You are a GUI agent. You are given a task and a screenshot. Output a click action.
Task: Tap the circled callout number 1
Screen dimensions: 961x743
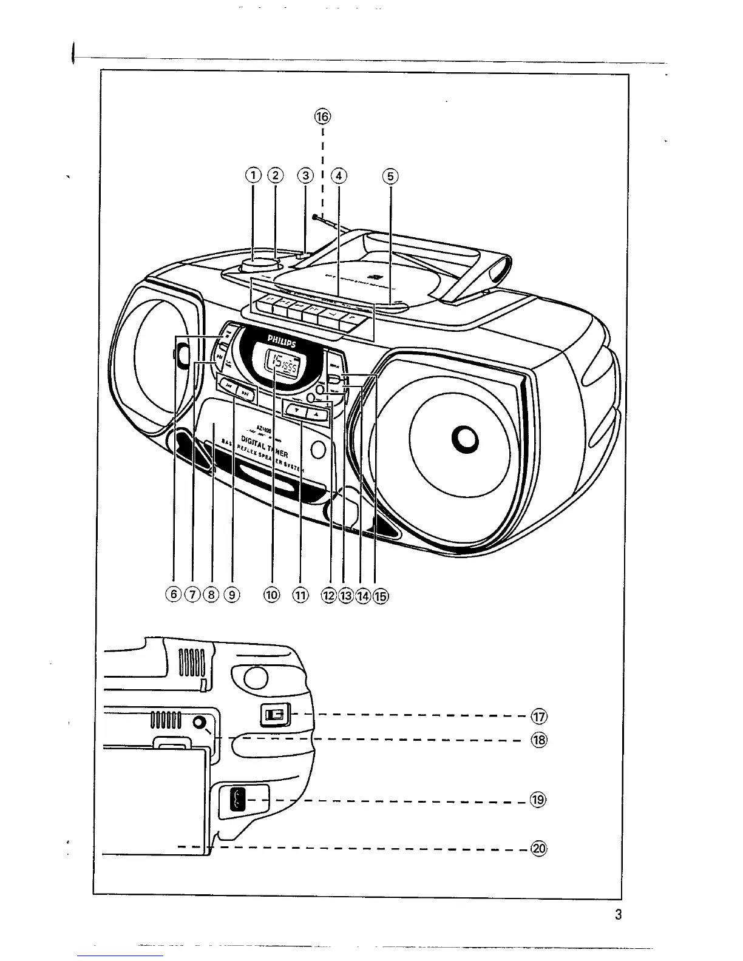pos(253,175)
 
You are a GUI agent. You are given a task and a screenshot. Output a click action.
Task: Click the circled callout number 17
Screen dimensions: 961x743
pos(539,717)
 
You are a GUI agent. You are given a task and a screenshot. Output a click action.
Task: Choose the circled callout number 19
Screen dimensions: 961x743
pos(539,800)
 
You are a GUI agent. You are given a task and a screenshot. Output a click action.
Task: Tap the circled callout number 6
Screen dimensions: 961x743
pos(175,595)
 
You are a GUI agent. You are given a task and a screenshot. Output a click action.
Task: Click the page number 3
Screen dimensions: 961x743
pos(617,915)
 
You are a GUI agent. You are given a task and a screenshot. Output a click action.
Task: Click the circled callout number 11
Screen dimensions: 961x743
pos(300,595)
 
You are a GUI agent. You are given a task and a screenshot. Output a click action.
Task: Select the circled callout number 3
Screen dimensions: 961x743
pos(305,176)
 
